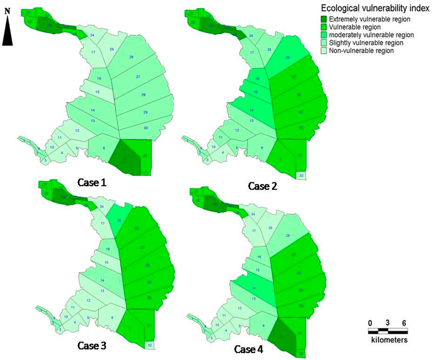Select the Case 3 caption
(x=92, y=346)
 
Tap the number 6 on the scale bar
(x=404, y=323)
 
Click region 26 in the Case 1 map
(x=131, y=57)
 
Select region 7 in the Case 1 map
(x=125, y=158)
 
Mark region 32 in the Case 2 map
(x=301, y=175)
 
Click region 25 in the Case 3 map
(x=119, y=220)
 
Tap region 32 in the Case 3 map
(x=150, y=345)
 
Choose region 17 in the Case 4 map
(x=254, y=231)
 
